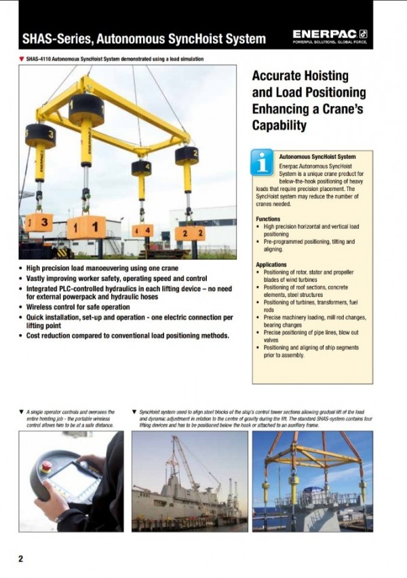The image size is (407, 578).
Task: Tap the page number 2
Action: (20, 559)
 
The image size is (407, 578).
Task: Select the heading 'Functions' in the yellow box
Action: (268, 219)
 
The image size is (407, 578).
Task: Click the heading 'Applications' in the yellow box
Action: (272, 264)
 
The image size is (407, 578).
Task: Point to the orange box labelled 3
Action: (39, 222)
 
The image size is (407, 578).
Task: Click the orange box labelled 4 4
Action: (142, 230)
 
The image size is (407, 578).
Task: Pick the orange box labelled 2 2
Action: (190, 233)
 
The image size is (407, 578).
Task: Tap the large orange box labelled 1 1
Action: (86, 226)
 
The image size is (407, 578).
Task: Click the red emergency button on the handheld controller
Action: (48, 467)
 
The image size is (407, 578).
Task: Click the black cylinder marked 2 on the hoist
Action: (187, 156)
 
